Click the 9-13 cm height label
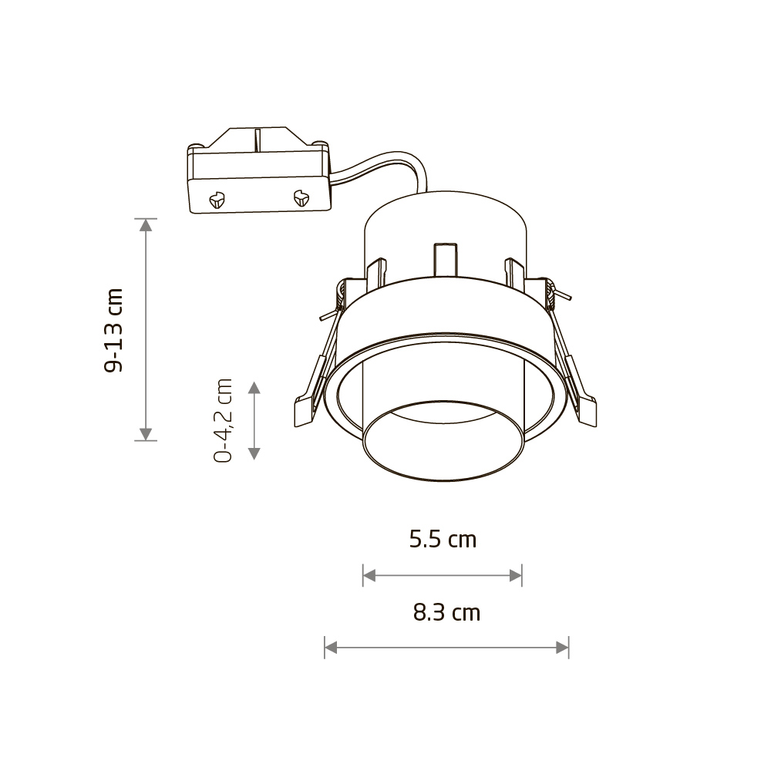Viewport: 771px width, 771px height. [x=113, y=331]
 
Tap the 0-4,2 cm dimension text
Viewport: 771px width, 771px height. [x=223, y=420]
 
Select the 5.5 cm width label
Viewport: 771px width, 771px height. [x=443, y=540]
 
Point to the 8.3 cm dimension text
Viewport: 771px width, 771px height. [x=446, y=613]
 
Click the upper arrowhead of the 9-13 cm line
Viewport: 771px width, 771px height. [x=146, y=224]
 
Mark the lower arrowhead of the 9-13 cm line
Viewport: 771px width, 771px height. [x=146, y=434]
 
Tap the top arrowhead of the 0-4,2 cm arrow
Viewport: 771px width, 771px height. [x=254, y=388]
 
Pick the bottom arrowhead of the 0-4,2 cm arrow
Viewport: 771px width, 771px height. [x=254, y=453]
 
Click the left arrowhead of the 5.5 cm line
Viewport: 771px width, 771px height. [x=369, y=575]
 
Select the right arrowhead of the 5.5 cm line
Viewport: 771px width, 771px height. [x=515, y=575]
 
